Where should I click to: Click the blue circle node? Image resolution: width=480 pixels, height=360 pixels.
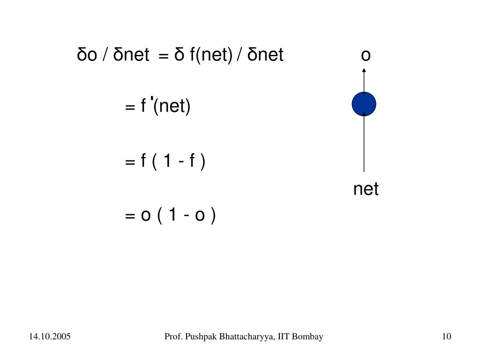(364, 104)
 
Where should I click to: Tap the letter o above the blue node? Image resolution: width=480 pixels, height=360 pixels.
(366, 55)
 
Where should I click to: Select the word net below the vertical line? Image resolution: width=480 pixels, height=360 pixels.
(366, 189)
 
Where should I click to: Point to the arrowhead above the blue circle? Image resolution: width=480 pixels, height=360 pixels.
(364, 71)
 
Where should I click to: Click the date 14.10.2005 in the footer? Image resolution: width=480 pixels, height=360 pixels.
(49, 337)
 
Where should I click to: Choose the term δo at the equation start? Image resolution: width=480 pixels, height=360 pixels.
(87, 55)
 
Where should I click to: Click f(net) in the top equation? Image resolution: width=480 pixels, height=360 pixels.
(211, 55)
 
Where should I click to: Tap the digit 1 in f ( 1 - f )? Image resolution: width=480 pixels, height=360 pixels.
(166, 161)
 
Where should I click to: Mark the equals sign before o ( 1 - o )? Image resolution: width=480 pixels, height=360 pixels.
(130, 216)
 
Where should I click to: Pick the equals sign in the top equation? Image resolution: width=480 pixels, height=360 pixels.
(163, 56)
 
